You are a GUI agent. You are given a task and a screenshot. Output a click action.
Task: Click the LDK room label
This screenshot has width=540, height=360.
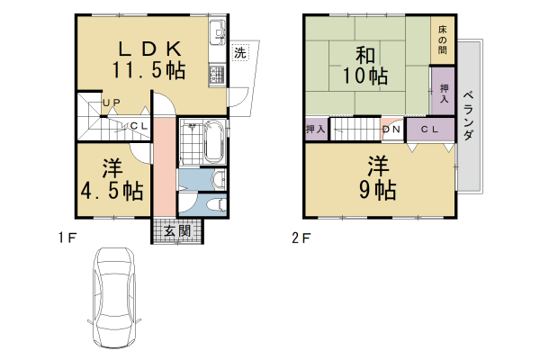tap(149, 49)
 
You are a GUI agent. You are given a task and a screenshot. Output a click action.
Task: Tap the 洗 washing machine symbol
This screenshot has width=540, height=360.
tap(240, 53)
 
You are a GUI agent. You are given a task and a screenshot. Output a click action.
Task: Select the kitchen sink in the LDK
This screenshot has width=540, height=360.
tap(217, 32)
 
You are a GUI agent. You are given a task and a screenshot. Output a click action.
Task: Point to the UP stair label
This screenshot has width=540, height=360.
tap(112, 103)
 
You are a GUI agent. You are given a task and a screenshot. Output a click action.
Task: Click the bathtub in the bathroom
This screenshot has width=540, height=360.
tap(214, 141)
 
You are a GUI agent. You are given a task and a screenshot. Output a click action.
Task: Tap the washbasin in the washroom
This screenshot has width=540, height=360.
tap(219, 179)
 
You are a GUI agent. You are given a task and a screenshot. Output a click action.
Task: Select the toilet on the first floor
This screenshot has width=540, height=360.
tap(217, 205)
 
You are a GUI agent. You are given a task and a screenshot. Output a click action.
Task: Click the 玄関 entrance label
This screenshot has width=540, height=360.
tap(177, 231)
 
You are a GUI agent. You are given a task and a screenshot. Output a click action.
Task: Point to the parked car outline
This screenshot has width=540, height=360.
tap(114, 301)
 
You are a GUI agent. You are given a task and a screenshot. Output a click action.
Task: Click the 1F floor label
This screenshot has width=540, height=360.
tap(67, 238)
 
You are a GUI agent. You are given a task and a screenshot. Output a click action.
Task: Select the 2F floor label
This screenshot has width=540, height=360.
tap(301, 238)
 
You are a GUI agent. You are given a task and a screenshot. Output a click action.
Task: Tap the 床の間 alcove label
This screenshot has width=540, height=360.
tap(443, 40)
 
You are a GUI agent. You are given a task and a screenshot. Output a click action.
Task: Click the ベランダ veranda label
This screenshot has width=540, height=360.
tap(468, 116)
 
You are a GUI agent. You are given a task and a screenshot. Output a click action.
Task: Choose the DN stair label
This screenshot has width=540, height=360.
tap(391, 130)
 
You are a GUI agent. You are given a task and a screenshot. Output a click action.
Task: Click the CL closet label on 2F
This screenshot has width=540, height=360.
tap(430, 130)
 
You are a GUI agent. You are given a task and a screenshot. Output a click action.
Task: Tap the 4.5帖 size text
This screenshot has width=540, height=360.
tap(112, 191)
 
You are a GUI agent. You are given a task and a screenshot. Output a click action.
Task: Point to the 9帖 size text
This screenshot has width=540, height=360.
tap(377, 190)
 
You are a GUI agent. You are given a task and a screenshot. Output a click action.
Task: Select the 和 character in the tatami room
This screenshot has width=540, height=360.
tap(365, 55)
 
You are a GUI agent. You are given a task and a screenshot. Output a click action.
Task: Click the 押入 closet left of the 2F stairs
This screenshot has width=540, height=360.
tap(316, 130)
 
